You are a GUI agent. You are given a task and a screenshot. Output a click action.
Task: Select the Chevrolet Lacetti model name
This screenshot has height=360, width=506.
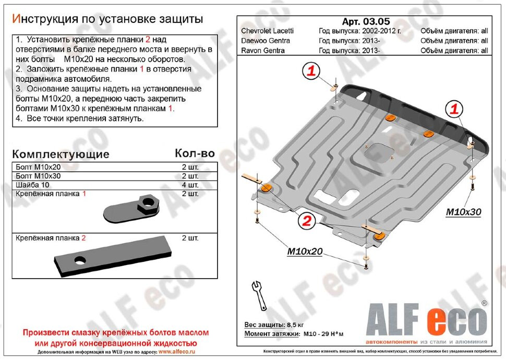268,31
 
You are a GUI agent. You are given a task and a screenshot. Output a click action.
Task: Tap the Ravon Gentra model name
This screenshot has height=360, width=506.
262,51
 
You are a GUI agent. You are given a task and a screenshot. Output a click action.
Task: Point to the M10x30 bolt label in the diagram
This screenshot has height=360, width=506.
463,212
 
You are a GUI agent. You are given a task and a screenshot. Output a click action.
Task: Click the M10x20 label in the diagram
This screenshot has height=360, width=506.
304,252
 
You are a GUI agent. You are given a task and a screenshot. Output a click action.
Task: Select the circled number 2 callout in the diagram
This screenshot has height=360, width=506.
307,221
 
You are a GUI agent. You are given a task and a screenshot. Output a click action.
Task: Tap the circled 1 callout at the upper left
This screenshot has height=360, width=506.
311,71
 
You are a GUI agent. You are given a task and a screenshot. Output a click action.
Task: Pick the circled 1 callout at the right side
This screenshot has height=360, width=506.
454,109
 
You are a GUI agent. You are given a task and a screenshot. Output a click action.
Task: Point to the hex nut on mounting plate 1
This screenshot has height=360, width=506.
147,205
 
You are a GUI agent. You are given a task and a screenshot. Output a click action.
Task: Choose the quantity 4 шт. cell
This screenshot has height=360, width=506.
190,185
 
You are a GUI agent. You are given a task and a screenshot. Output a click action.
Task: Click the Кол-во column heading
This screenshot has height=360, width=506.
194,153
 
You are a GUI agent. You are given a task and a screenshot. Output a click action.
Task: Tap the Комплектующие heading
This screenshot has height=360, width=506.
61,154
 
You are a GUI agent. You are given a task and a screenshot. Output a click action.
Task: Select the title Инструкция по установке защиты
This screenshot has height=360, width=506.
107,19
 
